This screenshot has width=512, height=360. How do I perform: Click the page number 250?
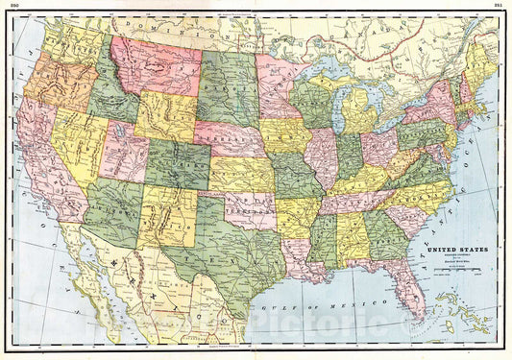pyautogui.click(x=13, y=5)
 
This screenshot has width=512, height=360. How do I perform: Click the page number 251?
pyautogui.click(x=498, y=5)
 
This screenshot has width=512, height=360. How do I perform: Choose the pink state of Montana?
pyautogui.click(x=154, y=66)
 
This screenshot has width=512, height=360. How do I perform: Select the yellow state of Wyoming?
pyautogui.click(x=165, y=116)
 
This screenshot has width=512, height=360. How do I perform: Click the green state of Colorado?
pyautogui.click(x=178, y=164)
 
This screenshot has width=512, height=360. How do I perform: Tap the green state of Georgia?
pyautogui.click(x=385, y=235)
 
